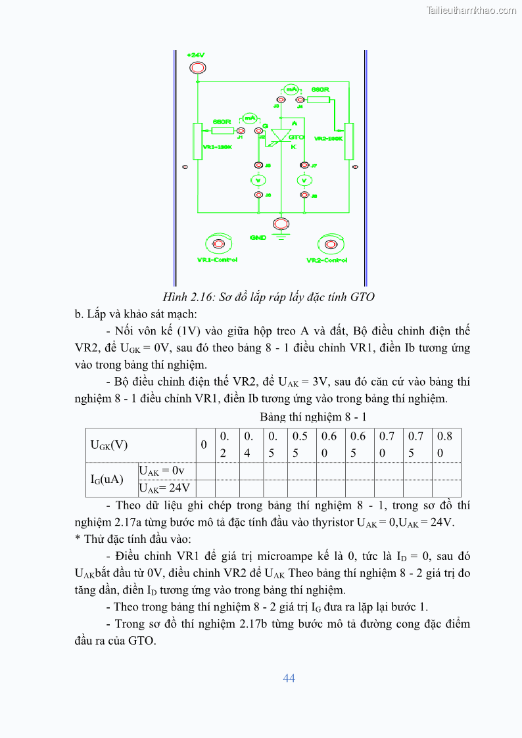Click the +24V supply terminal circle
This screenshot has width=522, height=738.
pyautogui.click(x=197, y=68)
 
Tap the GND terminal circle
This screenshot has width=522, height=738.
pyautogui.click(x=281, y=225)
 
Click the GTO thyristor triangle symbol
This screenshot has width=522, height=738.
pyautogui.click(x=281, y=135)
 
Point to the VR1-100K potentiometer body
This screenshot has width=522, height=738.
pyautogui.click(x=197, y=140)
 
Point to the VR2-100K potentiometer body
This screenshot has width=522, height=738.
pyautogui.click(x=348, y=140)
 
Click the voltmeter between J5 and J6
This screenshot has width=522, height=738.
pyautogui.click(x=259, y=180)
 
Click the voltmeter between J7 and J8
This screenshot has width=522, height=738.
pyautogui.click(x=304, y=180)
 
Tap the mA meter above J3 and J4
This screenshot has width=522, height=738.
pyautogui.click(x=291, y=89)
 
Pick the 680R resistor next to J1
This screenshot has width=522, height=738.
pyautogui.click(x=222, y=131)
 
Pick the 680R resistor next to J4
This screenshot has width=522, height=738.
pyautogui.click(x=319, y=99)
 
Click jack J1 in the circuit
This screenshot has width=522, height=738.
pyautogui.click(x=241, y=131)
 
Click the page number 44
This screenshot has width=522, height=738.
pyautogui.click(x=289, y=678)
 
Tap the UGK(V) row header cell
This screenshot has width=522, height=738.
pyautogui.click(x=109, y=445)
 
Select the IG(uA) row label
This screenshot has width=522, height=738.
pyautogui.click(x=107, y=479)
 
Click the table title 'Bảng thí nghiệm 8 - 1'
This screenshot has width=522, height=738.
pyautogui.click(x=313, y=417)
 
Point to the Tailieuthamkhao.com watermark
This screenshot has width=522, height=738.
pyautogui.click(x=471, y=10)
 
